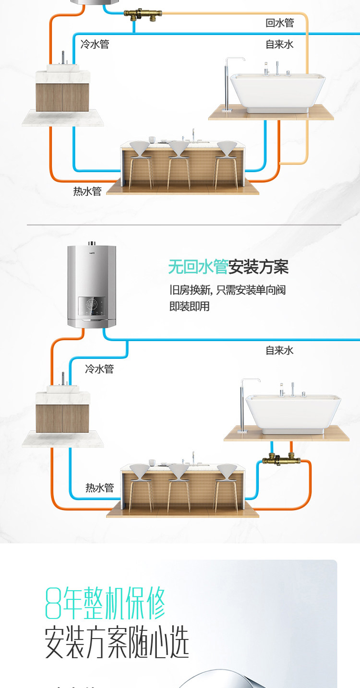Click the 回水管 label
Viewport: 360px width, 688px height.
[x=279, y=23]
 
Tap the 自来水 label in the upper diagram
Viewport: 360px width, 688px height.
[x=279, y=45]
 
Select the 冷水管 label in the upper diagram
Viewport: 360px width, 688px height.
[x=95, y=45]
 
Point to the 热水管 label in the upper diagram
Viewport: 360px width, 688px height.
[x=87, y=191]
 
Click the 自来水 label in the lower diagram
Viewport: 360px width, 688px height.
[x=279, y=351]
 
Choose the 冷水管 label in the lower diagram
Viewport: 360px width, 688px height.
[x=99, y=369]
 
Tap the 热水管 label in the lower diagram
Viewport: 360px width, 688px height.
[x=100, y=488]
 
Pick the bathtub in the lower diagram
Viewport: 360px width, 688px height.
[x=293, y=413]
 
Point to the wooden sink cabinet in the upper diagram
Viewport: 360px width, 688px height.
[x=62, y=98]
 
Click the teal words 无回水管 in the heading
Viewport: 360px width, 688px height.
[x=198, y=267]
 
